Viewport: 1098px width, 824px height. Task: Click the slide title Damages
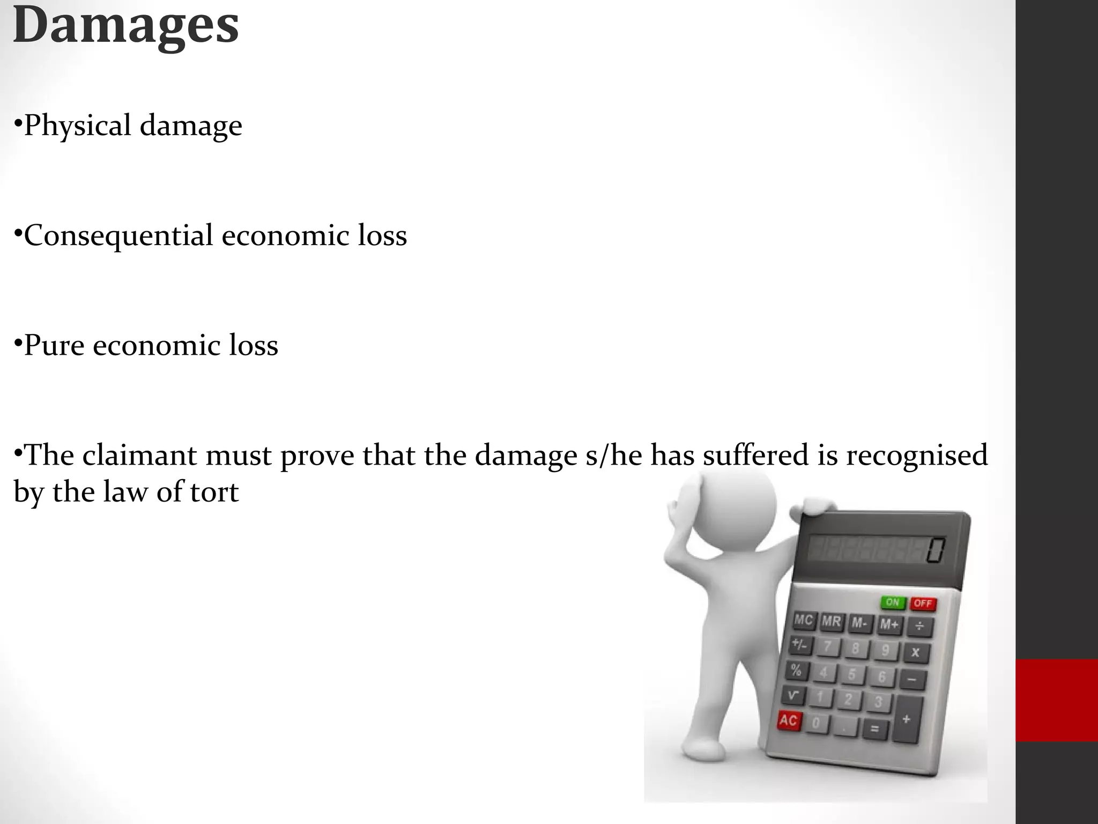[126, 25]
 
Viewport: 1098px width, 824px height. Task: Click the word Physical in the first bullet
[78, 126]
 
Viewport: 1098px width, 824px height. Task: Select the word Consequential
[118, 236]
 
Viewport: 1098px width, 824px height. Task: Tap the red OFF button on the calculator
[923, 603]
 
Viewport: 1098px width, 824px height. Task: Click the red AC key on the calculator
[788, 720]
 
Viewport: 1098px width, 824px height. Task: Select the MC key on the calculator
[804, 621]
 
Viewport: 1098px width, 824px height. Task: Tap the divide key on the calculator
[919, 626]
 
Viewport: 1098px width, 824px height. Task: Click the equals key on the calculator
[874, 729]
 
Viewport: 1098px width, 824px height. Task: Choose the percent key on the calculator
[796, 670]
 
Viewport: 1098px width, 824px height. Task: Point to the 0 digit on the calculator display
[936, 551]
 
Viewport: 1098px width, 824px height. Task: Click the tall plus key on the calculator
[907, 719]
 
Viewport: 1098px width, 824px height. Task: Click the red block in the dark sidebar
[1057, 701]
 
